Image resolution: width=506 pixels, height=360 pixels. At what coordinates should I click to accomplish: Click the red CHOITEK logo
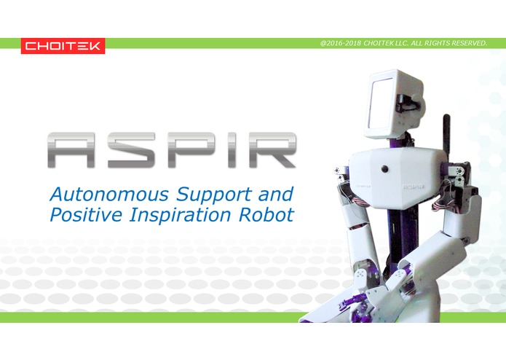pos(63,46)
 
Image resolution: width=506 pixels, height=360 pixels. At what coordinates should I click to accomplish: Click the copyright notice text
pos(403,43)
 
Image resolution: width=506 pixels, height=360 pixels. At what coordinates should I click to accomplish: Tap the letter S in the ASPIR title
pos(132,151)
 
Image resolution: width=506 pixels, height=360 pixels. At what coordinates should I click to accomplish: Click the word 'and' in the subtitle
pos(278,195)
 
